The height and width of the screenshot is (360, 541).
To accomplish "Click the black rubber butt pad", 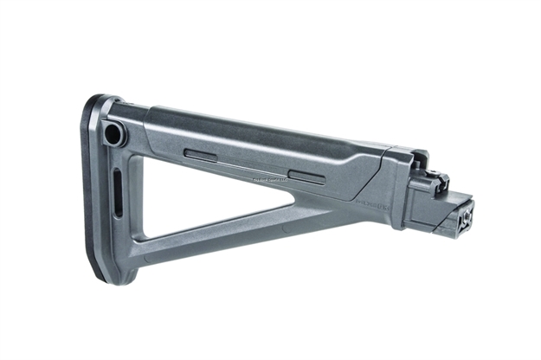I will tap(95, 190).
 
